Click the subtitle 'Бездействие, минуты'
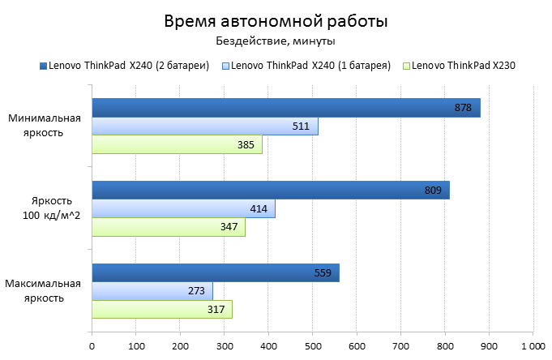(276, 41)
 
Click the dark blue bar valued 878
(285, 108)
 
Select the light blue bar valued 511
(204, 126)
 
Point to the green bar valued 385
(177, 145)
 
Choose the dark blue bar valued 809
(270, 191)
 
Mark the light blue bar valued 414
(183, 209)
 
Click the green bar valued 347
(168, 228)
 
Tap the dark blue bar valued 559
(215, 273)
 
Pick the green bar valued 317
(161, 310)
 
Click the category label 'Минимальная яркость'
(45, 125)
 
